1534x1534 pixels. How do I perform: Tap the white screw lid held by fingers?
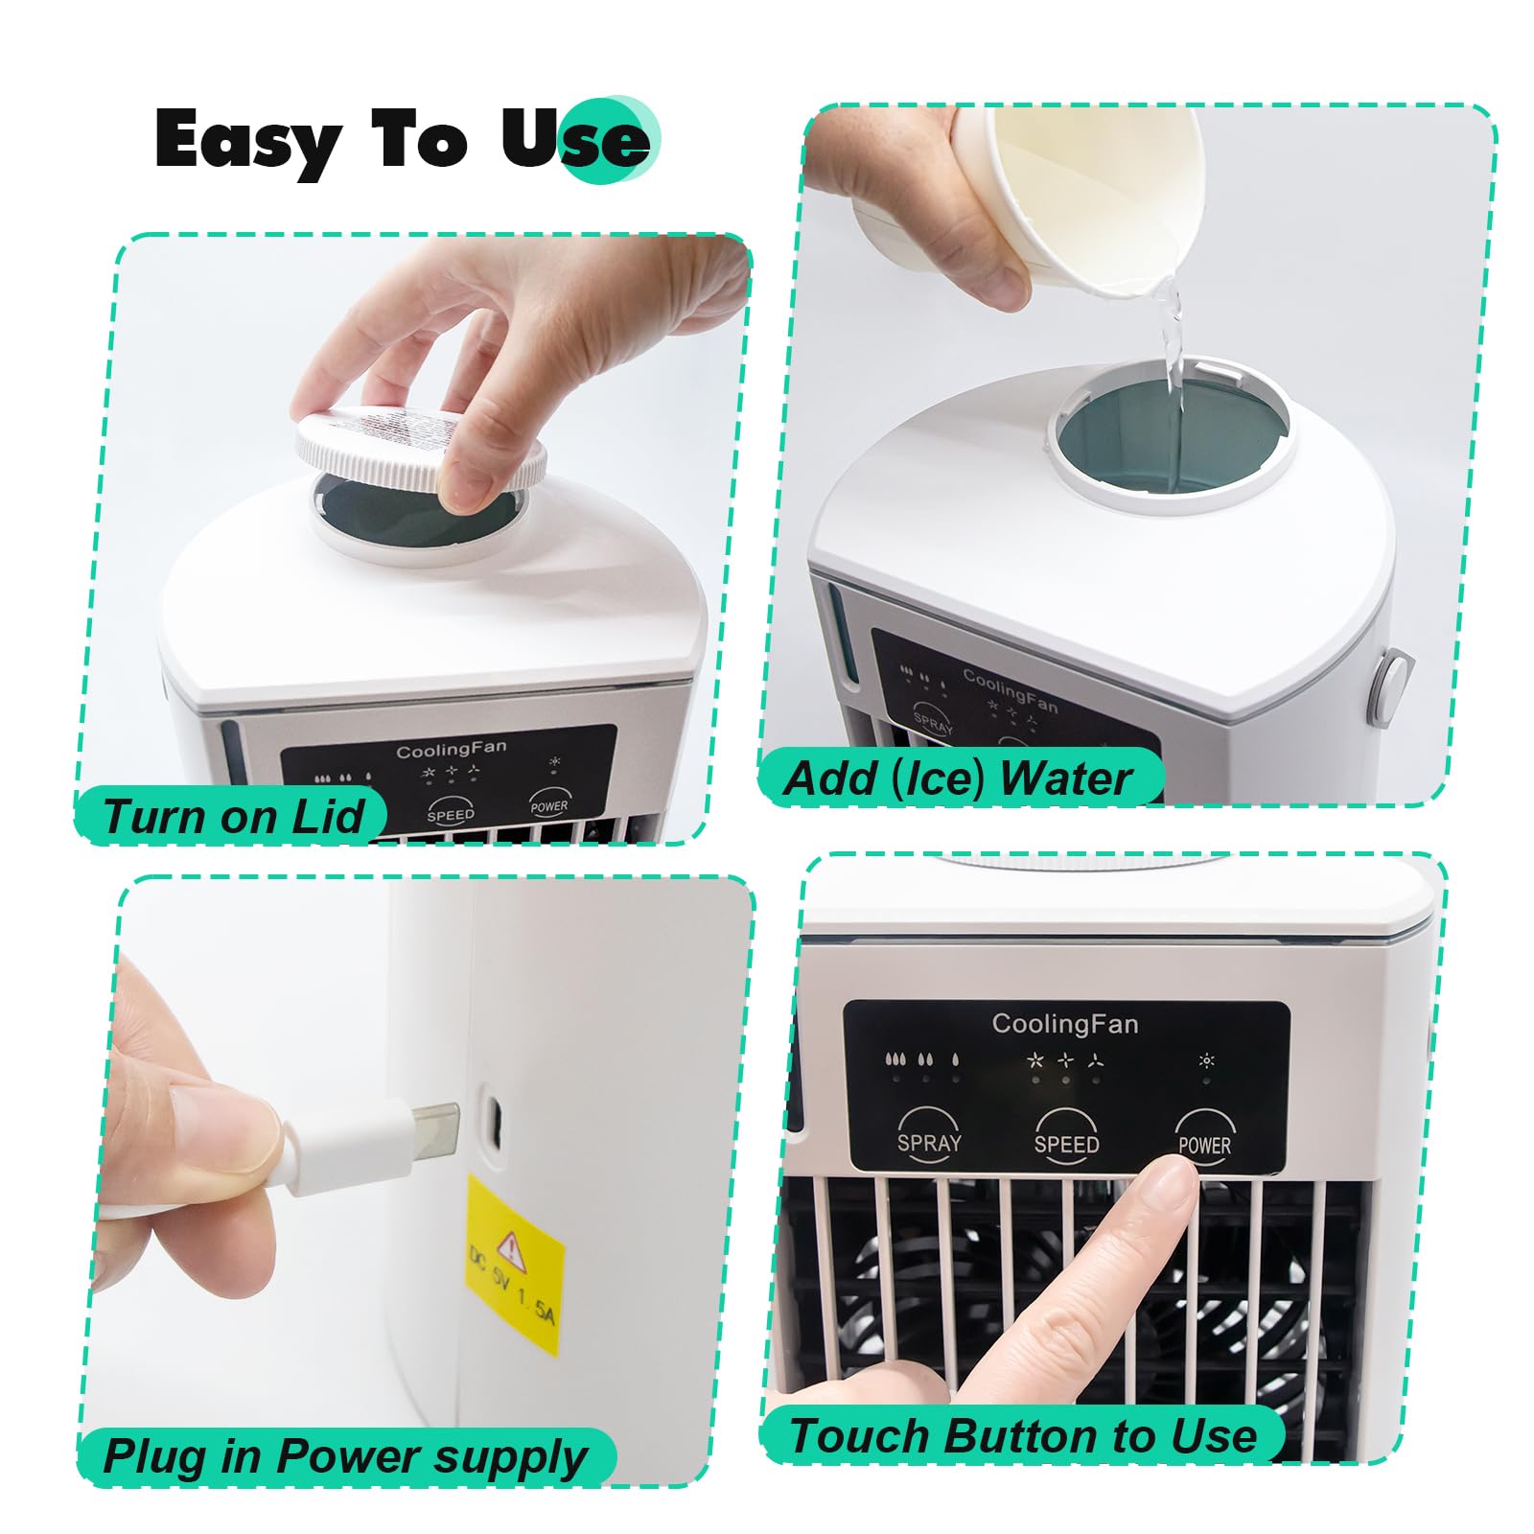[420, 447]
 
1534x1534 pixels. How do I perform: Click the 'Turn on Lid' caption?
[233, 817]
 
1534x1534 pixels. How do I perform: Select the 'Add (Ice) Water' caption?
[958, 778]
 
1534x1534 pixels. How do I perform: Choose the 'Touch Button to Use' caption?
[1022, 1435]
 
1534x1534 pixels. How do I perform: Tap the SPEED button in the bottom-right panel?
[1066, 1137]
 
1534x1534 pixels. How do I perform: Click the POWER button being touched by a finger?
[1204, 1137]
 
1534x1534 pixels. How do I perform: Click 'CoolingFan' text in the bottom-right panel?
[1065, 1024]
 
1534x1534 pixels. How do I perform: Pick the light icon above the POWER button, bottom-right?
[1206, 1060]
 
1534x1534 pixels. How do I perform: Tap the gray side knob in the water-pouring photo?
[1387, 683]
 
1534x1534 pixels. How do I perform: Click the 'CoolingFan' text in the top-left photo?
[451, 749]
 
